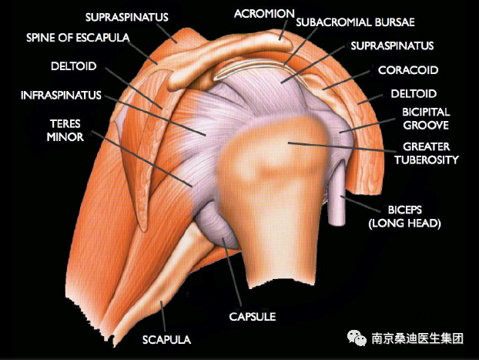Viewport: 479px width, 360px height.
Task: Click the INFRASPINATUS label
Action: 62,96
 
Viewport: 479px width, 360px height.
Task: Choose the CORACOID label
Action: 408,70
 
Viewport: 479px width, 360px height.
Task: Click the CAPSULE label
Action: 252,316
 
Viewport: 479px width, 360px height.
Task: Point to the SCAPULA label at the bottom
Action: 166,339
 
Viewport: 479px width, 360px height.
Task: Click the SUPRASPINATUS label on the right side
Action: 392,46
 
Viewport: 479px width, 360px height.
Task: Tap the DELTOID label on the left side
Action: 74,66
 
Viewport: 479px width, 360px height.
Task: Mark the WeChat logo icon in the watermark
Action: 357,338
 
